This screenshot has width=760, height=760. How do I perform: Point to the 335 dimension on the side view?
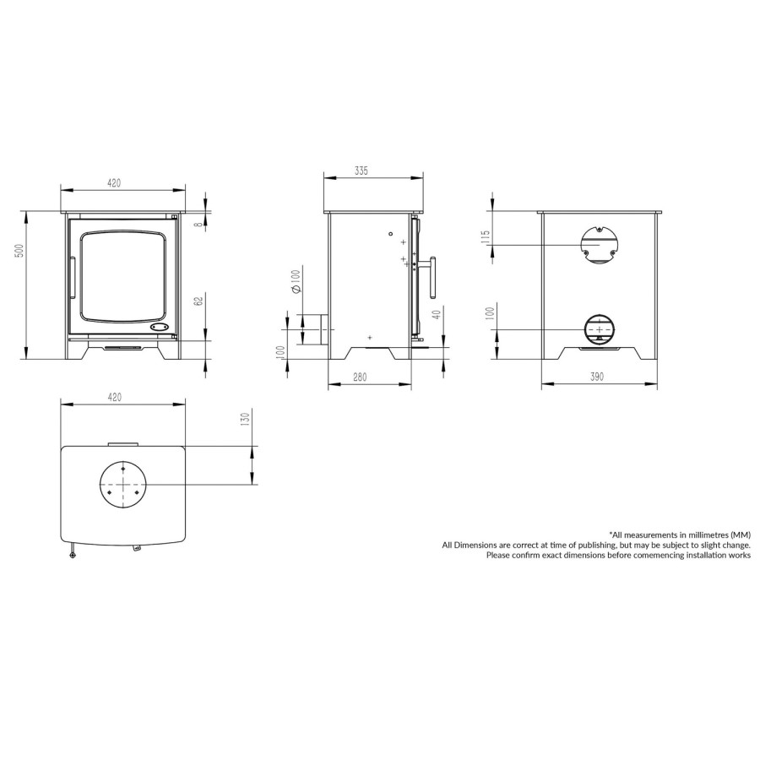click(361, 171)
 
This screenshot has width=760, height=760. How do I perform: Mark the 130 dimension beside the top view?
click(244, 420)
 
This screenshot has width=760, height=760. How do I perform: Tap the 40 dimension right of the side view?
click(437, 316)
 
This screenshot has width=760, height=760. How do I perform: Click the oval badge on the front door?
click(158, 326)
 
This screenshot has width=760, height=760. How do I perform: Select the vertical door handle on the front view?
click(73, 279)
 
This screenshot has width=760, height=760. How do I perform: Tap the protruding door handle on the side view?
click(434, 278)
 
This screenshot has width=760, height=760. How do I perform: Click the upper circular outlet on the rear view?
click(599, 245)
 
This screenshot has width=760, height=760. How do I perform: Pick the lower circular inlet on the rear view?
click(599, 328)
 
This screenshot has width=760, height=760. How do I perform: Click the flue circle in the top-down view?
click(123, 485)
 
